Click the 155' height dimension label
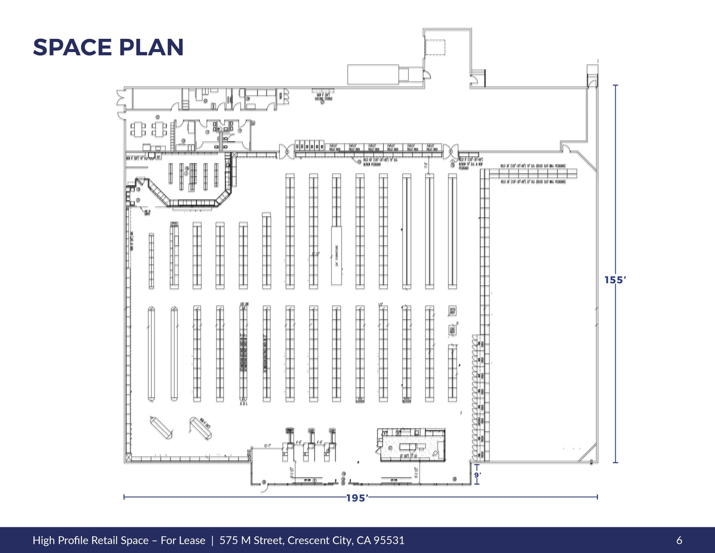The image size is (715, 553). point(615,280)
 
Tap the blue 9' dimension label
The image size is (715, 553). point(477,475)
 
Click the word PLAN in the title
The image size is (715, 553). point(151,48)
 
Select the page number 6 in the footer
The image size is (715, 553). point(679,540)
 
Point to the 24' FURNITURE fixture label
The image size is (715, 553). point(337,255)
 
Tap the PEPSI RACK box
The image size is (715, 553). point(452,311)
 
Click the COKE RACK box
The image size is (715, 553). point(452,330)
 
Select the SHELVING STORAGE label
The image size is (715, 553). point(324,99)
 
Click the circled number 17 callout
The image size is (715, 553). point(390,448)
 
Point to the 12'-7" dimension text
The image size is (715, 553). point(267,446)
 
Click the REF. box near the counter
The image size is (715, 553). point(159,157)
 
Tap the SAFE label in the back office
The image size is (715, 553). point(213,106)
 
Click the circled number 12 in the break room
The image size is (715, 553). point(157,117)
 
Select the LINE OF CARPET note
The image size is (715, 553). point(147,212)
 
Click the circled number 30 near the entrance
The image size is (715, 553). point(264,482)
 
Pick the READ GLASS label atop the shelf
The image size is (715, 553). point(174,224)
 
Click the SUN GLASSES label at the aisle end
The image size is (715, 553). point(360,400)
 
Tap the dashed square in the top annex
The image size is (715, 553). point(435,47)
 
